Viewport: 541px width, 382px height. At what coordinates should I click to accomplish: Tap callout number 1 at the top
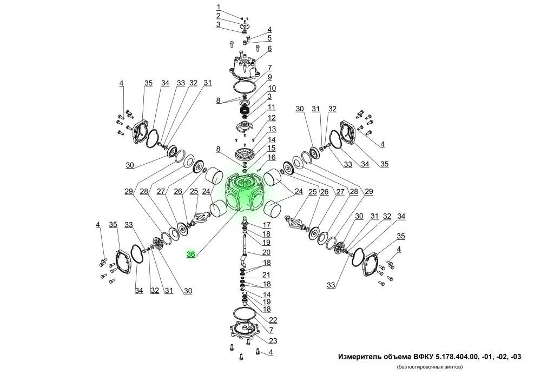(x=219, y=7)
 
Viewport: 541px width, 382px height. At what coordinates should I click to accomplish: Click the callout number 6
(x=269, y=49)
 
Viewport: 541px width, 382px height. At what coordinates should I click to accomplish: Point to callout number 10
(x=272, y=88)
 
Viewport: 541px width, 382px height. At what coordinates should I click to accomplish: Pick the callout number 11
(x=272, y=107)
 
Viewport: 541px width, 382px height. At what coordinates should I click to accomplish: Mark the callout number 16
(x=272, y=157)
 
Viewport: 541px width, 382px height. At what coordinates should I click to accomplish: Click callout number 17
(x=267, y=225)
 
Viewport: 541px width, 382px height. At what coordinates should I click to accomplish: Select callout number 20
(x=267, y=252)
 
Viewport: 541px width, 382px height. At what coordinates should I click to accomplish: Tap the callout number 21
(x=267, y=275)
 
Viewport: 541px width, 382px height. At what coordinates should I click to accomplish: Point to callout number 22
(x=273, y=320)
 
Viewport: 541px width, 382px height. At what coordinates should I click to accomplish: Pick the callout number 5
(x=269, y=38)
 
